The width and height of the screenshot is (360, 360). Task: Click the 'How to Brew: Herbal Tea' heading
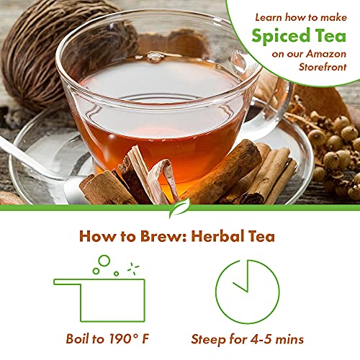click(178, 235)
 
